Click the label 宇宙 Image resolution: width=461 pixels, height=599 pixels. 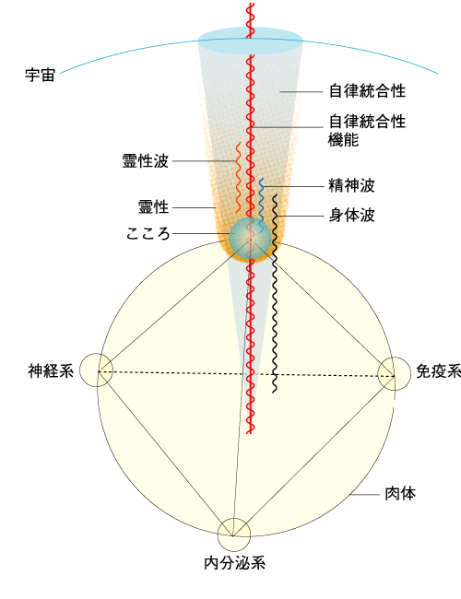tap(41, 76)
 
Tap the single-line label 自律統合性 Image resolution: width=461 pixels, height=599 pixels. tap(367, 91)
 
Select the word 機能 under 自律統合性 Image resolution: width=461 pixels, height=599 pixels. tap(343, 139)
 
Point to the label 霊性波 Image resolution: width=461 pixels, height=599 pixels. tap(146, 161)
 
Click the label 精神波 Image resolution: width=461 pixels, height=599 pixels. tap(351, 185)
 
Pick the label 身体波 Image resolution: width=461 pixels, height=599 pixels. tap(351, 216)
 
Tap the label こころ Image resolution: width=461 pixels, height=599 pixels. tap(148, 233)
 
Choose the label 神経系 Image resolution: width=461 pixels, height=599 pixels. tap(51, 371)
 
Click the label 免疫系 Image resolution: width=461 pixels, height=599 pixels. tap(439, 371)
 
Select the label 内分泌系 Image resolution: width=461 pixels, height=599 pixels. tap(235, 563)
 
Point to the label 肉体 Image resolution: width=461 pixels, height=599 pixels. tap(400, 494)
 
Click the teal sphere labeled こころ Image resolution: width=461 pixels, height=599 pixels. tap(250, 239)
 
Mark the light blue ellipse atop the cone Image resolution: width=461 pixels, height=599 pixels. tap(251, 41)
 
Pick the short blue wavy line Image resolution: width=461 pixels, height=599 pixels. tap(262, 206)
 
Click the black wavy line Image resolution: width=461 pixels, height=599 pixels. tap(275, 293)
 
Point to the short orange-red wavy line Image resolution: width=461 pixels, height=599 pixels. tap(239, 178)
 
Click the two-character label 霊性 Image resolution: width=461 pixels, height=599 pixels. tap(153, 207)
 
